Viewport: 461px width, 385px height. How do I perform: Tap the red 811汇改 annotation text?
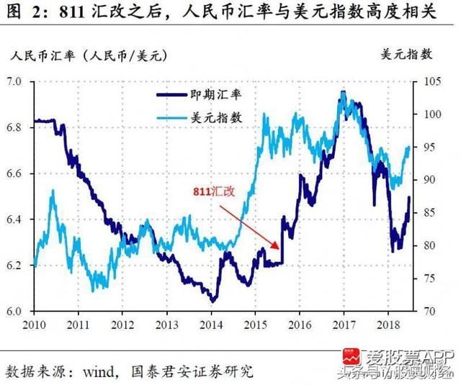(214, 192)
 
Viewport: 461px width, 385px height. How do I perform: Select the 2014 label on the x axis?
(211, 325)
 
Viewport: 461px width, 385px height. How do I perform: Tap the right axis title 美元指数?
(407, 55)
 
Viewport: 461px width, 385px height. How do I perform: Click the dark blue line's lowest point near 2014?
(212, 300)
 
